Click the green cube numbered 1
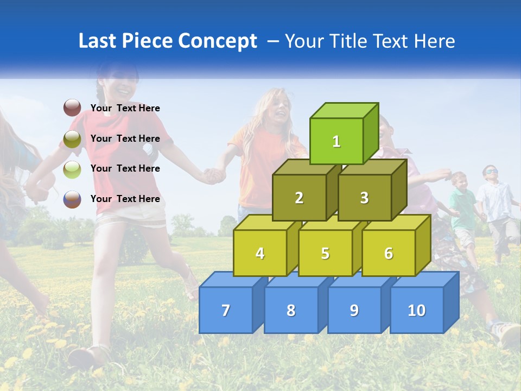click(x=336, y=141)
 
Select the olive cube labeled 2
click(x=299, y=198)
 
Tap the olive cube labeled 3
click(x=364, y=198)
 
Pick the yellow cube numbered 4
click(x=260, y=253)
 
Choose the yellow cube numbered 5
click(x=325, y=253)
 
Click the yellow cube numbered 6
click(x=389, y=253)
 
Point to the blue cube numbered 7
click(x=226, y=310)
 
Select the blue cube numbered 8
click(x=291, y=310)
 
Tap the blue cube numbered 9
click(x=354, y=310)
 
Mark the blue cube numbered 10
click(x=416, y=310)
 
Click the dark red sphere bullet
click(x=72, y=108)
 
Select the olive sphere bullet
click(x=72, y=139)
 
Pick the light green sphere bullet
click(x=72, y=169)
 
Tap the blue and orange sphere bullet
click(x=72, y=199)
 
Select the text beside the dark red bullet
click(x=125, y=108)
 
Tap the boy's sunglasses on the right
click(x=491, y=172)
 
